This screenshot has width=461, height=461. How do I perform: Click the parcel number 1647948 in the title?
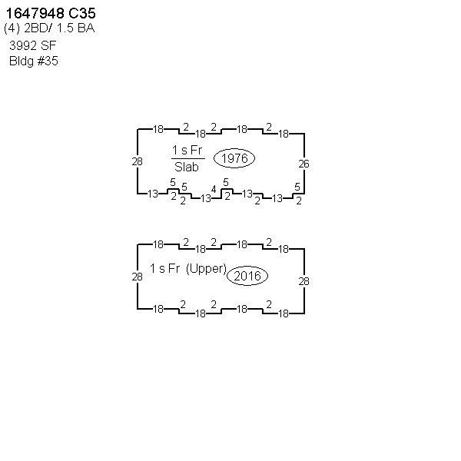pos(35,13)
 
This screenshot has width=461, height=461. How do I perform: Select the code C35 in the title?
pos(82,13)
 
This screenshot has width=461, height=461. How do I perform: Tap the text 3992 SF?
pos(32,45)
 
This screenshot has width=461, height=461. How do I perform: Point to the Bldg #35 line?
pos(34,61)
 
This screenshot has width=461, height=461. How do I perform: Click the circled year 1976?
pos(234,158)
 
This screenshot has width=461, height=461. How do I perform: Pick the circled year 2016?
pos(247,276)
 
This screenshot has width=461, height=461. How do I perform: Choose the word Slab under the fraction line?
pos(187,167)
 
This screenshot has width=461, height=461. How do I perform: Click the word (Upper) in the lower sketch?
pos(206,269)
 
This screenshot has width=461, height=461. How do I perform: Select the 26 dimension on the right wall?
pos(303,164)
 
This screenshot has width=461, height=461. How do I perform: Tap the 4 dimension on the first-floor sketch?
pos(214,189)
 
